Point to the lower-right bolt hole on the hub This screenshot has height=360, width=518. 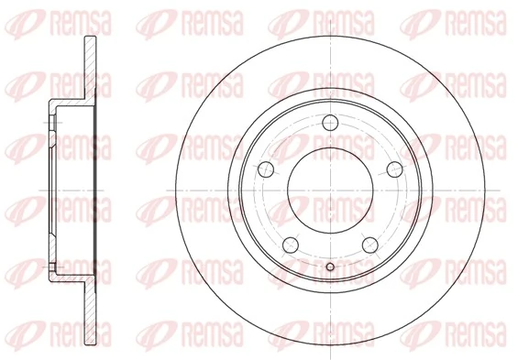pyautogui.click(x=371, y=245)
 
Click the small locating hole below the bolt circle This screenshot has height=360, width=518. pyautogui.click(x=330, y=267)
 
